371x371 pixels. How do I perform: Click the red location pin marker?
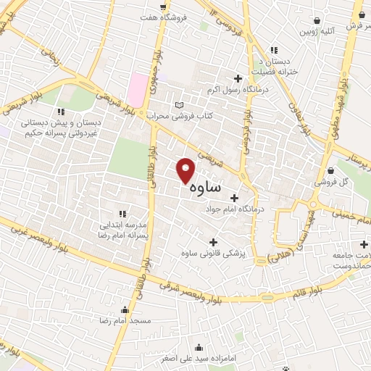tap(186, 170)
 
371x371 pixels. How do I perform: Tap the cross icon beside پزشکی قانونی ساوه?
tap(213, 242)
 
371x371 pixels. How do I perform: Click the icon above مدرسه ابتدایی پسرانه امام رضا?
tap(122, 214)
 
